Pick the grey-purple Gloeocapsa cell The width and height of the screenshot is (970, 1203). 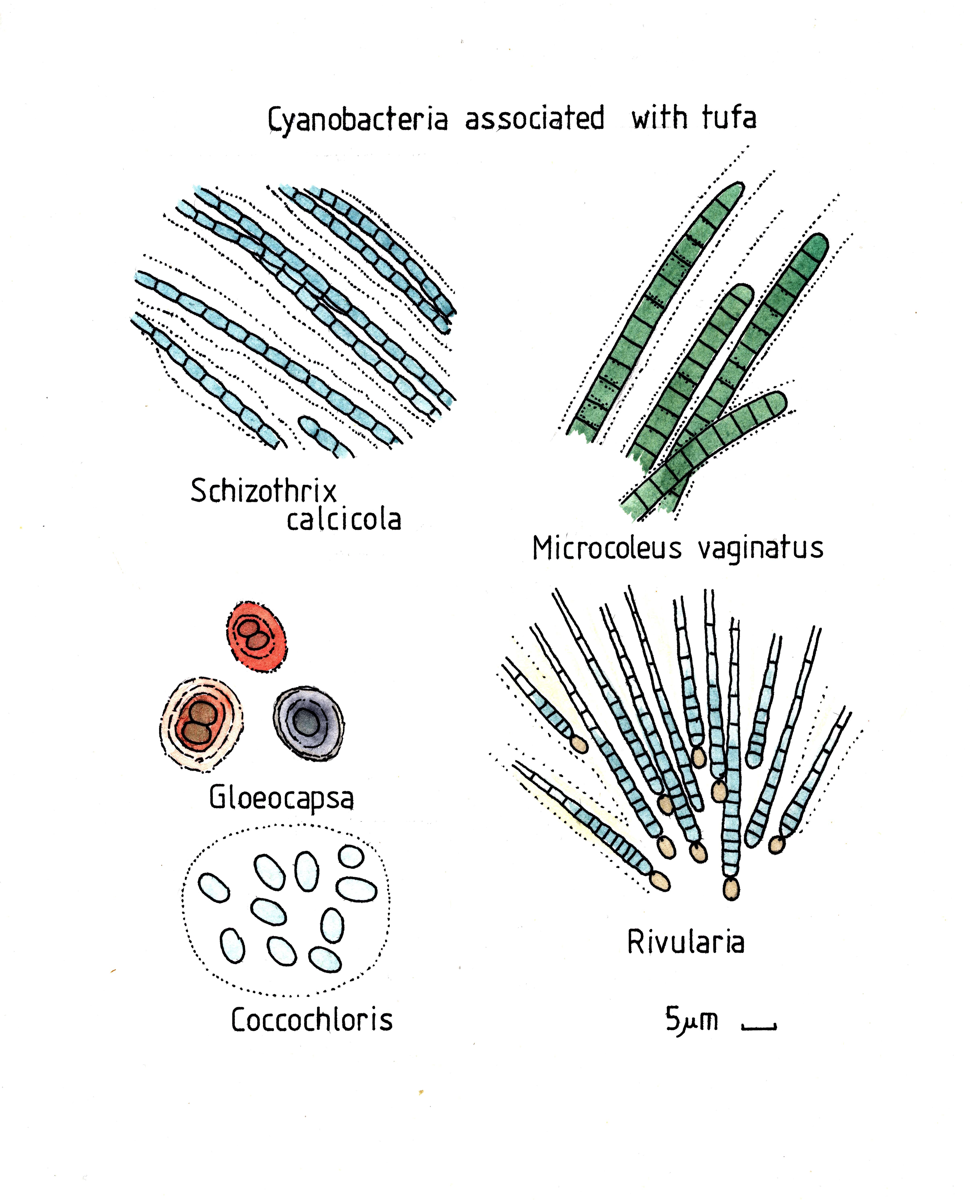click(x=308, y=723)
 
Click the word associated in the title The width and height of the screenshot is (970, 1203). click(x=535, y=119)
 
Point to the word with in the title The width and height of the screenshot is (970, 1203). click(x=659, y=117)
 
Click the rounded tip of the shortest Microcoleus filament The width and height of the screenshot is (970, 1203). click(x=777, y=403)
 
